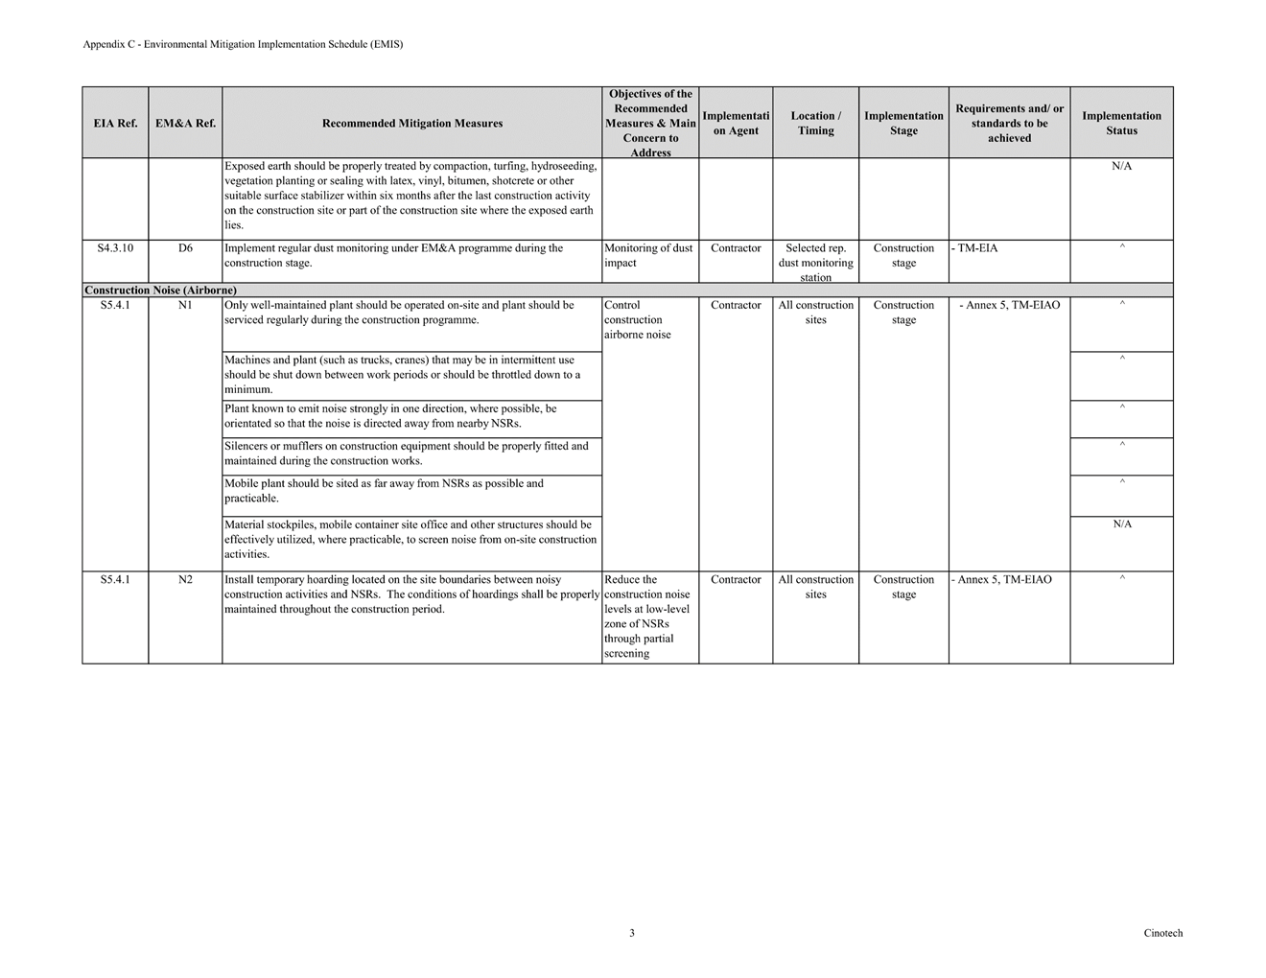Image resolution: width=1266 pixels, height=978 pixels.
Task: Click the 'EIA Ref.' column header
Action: point(115,123)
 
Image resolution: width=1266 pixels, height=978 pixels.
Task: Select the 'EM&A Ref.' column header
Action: point(185,123)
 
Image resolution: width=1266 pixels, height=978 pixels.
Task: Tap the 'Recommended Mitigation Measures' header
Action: point(412,123)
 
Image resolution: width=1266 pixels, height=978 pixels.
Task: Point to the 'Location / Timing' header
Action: point(815,123)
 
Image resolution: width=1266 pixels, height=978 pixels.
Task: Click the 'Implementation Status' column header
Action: point(1121,123)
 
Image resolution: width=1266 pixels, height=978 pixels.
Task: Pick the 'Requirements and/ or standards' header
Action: point(1009,123)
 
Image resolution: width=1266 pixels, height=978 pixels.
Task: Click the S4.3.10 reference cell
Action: point(115,248)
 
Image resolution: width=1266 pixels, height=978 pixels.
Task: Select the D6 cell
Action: point(185,248)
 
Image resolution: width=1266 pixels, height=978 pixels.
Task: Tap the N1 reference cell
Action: point(185,306)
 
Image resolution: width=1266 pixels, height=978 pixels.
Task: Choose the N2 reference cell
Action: point(185,580)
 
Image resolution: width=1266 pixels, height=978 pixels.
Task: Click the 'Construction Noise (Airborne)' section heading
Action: point(160,290)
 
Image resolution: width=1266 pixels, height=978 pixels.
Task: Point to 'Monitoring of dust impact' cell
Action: point(648,255)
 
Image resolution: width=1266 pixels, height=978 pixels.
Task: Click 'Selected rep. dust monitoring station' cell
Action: point(815,262)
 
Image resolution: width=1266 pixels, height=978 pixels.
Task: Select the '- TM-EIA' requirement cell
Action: point(976,248)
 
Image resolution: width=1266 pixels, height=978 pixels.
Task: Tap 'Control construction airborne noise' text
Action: point(637,320)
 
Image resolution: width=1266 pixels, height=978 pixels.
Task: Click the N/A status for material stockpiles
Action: point(1122,524)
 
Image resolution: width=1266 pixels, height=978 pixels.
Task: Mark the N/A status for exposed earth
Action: point(1121,167)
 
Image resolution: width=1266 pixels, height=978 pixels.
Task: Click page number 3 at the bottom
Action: point(632,933)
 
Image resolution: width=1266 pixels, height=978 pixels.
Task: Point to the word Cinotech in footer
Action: point(1162,933)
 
